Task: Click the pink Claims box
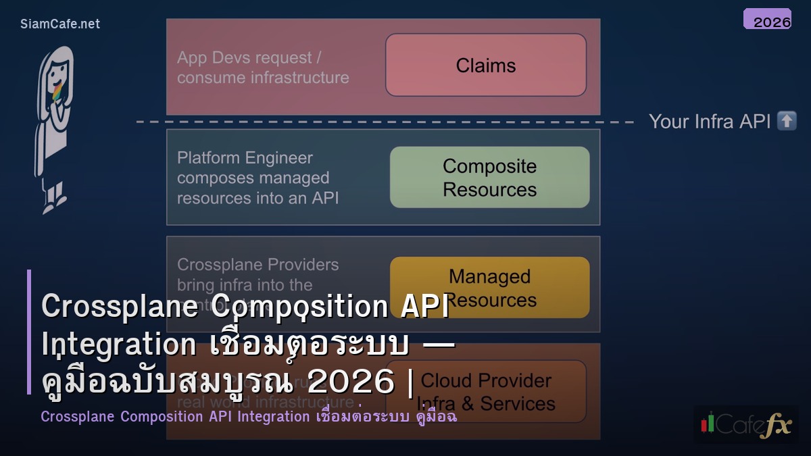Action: [x=485, y=65]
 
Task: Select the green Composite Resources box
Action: [x=489, y=177]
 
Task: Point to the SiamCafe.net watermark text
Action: [x=59, y=24]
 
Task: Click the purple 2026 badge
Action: [x=767, y=19]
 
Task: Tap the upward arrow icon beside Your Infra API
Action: [x=787, y=121]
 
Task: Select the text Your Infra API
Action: [x=709, y=122]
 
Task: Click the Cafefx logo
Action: [x=746, y=424]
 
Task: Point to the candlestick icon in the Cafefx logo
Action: [x=708, y=422]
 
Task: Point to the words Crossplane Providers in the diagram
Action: [x=257, y=265]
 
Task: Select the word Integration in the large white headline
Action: [x=118, y=345]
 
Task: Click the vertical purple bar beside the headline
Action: [x=29, y=331]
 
